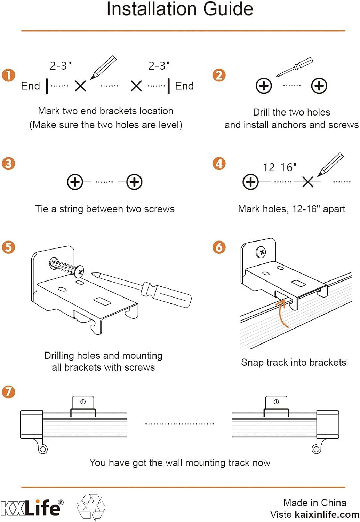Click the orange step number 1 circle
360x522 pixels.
click(8, 75)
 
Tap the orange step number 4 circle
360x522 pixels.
click(219, 164)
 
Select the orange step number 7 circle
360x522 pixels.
click(8, 392)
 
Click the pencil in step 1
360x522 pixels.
click(103, 67)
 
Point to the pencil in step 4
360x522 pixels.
click(330, 164)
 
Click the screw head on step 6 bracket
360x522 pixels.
click(261, 252)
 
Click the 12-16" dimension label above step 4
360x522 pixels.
click(280, 168)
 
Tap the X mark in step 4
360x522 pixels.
click(307, 182)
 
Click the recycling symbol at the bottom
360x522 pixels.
click(91, 507)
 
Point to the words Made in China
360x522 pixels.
click(315, 503)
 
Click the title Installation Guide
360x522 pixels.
click(180, 9)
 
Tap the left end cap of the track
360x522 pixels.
click(31, 424)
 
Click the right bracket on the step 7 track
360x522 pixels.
click(276, 406)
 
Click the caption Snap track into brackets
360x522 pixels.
click(294, 363)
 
